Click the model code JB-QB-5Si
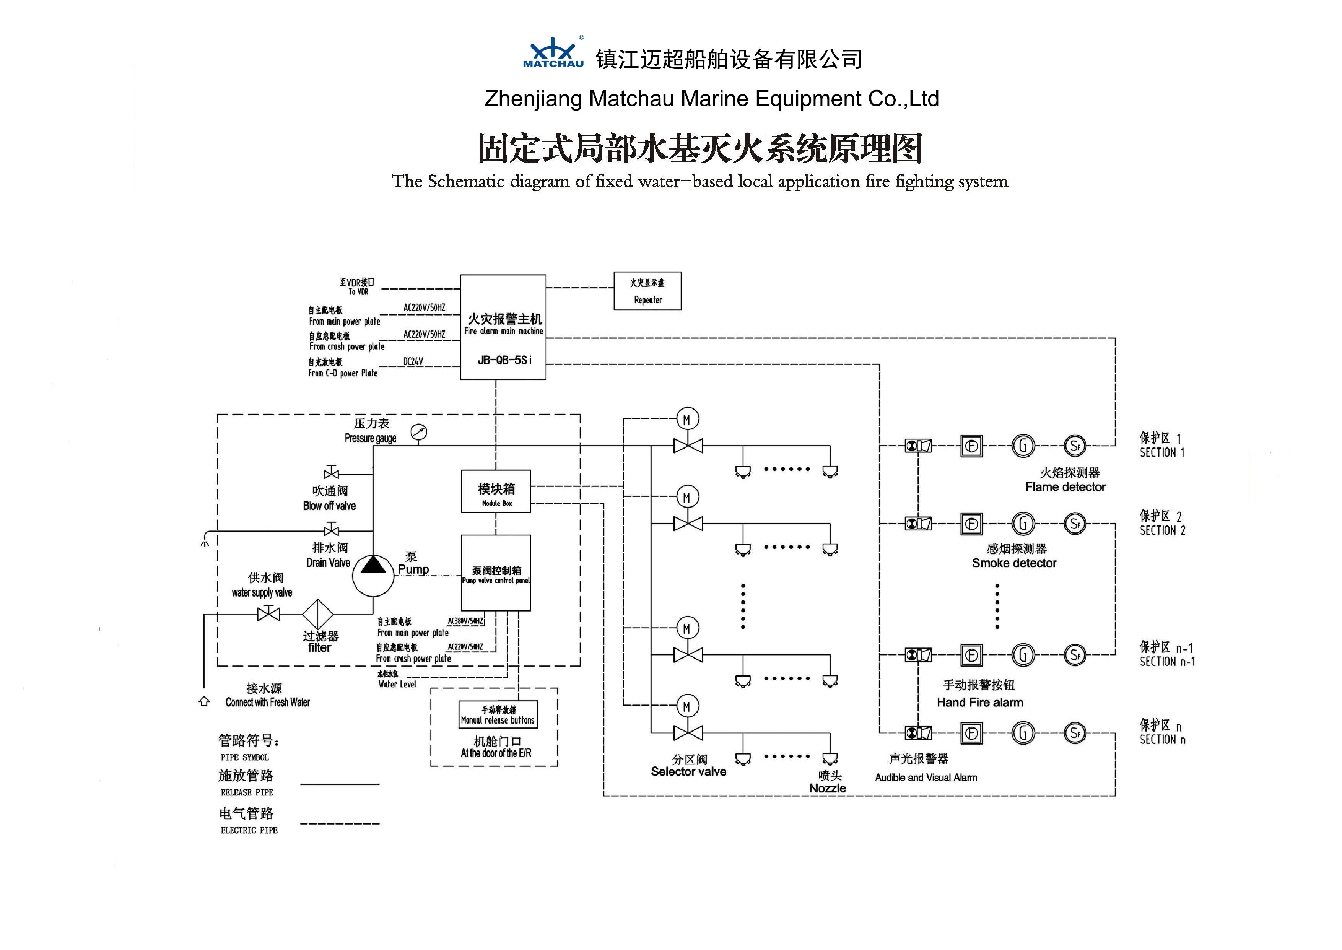[504, 360]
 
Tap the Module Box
[496, 491]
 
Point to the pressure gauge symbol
[419, 432]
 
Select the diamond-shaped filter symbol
[318, 614]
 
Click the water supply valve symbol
[268, 614]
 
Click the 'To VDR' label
[358, 292]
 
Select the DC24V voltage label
[413, 361]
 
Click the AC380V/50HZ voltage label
[466, 621]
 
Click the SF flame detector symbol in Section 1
[1075, 446]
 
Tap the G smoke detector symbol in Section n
[1023, 733]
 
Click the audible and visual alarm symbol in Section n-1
[918, 655]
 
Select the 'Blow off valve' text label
[329, 506]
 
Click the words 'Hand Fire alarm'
[980, 703]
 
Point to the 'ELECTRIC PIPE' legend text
[249, 830]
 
